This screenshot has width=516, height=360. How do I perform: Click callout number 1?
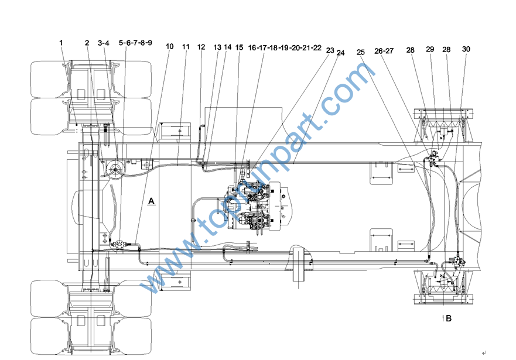click(61, 43)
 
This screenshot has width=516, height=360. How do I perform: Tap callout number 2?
click(87, 43)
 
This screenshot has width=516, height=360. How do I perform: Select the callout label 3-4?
click(103, 43)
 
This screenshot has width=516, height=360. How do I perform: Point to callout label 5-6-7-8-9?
click(135, 43)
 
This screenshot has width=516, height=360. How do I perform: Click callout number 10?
click(169, 46)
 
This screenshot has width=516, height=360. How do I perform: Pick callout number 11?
click(186, 47)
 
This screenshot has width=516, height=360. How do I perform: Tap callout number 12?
click(201, 47)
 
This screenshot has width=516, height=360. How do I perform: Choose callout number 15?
click(239, 47)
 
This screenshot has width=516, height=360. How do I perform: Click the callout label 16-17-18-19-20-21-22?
click(285, 48)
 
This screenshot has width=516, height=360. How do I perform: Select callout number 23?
click(330, 50)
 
